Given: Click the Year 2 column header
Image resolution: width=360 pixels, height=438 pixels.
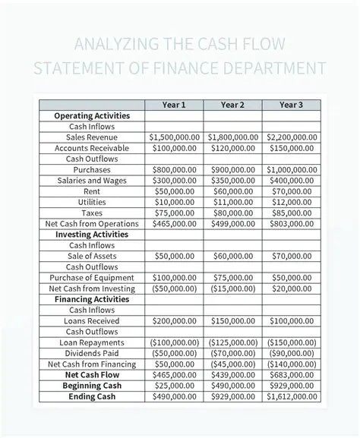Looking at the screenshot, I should tap(232, 104).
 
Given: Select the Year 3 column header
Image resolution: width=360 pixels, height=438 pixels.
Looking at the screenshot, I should tap(292, 104).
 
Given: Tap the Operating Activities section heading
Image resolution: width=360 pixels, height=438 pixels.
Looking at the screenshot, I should tap(93, 115).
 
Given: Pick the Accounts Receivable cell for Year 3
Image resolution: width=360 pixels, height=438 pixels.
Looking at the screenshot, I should tap(292, 148).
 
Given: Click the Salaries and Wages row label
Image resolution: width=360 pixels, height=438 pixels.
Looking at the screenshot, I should tap(93, 181).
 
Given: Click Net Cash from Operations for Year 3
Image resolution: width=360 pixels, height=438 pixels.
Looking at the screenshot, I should tap(292, 224).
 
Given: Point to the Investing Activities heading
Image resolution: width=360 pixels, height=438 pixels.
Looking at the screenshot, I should tap(93, 235).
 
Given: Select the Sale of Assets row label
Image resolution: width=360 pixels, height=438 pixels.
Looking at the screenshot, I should tap(93, 257).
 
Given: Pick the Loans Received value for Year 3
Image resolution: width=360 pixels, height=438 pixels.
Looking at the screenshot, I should tap(292, 321).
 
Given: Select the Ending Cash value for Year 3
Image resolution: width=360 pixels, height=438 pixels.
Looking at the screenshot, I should tap(292, 396).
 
